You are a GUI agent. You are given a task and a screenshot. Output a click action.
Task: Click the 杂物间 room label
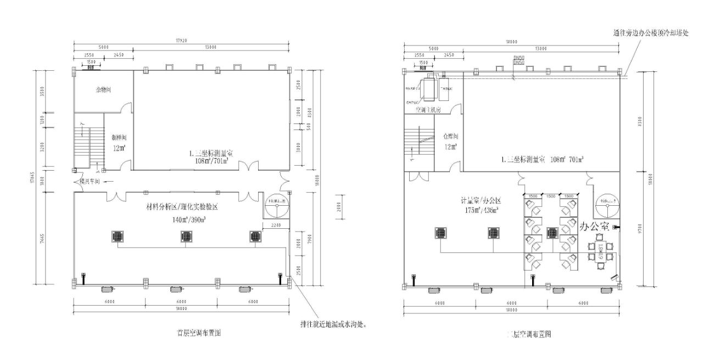click(103, 89)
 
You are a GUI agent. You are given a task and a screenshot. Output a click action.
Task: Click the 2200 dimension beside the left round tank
click(276, 225)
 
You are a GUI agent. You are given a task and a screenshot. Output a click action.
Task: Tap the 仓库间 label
click(450, 136)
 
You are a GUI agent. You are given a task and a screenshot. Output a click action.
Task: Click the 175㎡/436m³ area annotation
click(482, 210)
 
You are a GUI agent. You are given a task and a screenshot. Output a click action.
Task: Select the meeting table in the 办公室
click(600, 252)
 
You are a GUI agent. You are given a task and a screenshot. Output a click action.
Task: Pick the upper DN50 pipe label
click(518, 58)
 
